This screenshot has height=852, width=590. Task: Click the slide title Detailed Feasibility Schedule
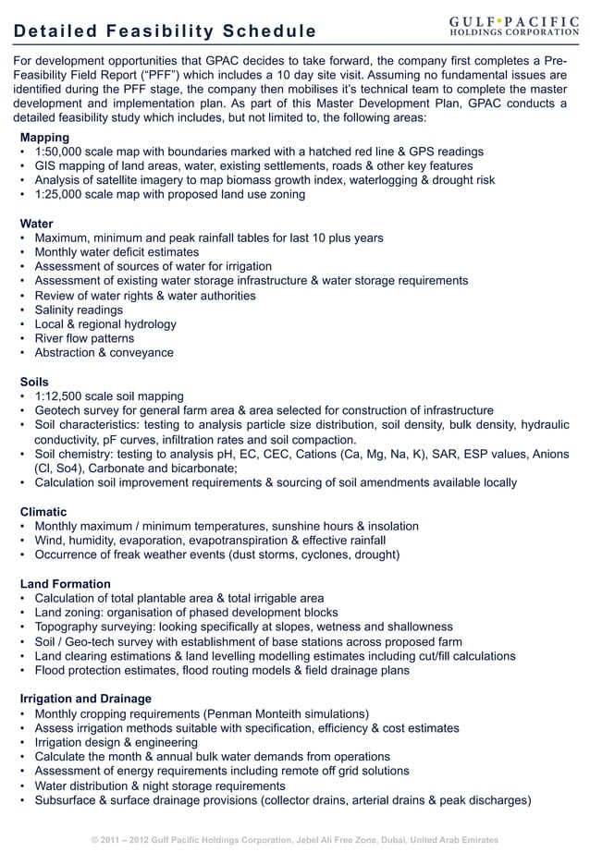[x=165, y=32]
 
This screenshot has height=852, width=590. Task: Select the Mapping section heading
[x=44, y=137]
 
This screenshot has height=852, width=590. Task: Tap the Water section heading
[x=36, y=224]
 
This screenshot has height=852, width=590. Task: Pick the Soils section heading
[x=35, y=382]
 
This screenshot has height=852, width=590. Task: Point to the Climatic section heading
[x=43, y=511]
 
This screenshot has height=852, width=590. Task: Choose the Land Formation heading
[x=65, y=584]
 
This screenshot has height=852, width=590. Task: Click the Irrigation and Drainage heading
[x=85, y=699]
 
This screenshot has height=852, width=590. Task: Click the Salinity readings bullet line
[x=79, y=310]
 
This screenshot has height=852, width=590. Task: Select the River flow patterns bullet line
[x=84, y=338]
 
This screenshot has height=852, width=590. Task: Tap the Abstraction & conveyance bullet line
[x=104, y=353]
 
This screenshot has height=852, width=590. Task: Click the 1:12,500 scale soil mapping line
[x=109, y=396]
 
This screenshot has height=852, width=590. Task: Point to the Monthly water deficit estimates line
[x=117, y=252]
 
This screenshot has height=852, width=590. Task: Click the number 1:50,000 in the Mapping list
[x=62, y=152]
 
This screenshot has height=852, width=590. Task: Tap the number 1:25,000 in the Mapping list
[x=62, y=195]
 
